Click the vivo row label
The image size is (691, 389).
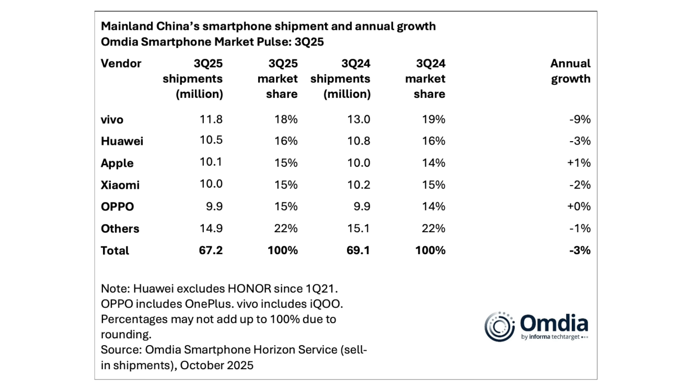coord(112,120)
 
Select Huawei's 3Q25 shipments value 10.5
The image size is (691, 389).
coord(211,141)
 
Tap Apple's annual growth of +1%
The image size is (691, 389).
coord(580,163)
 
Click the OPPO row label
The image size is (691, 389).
coord(117,207)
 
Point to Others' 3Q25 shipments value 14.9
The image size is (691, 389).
coord(211,229)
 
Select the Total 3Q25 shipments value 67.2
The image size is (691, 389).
coord(211,250)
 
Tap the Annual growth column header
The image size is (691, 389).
coord(570,71)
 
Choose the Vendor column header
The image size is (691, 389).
coord(121,63)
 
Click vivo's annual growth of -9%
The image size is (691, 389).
coord(581,120)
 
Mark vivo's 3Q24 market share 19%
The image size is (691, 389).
coord(433,120)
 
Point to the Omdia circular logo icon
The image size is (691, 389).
coord(500,327)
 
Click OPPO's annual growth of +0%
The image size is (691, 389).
coord(580,207)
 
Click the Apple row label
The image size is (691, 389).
coord(117,163)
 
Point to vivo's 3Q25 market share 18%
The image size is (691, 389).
coord(286,120)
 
